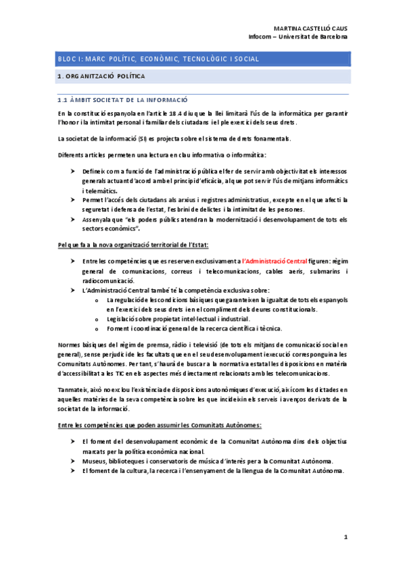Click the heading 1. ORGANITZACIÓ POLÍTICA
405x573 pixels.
click(101, 78)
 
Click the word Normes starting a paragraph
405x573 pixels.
click(70, 345)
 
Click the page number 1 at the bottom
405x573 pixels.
click(346, 538)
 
